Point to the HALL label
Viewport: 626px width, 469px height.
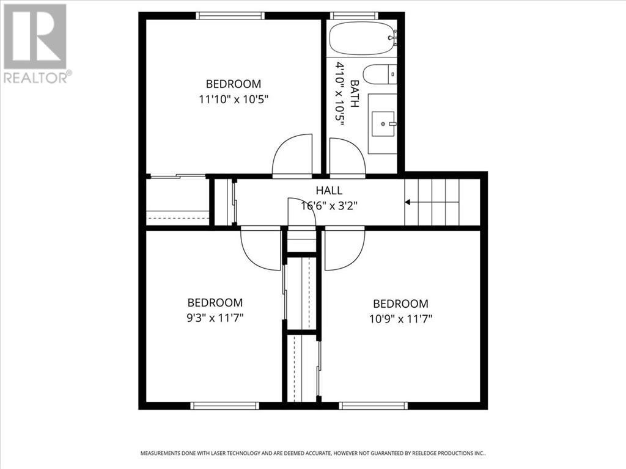pos(328,191)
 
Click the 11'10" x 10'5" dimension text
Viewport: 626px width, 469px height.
pos(233,98)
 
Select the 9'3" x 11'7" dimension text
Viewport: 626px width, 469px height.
pos(215,318)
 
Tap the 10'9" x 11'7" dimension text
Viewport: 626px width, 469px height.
pos(400,318)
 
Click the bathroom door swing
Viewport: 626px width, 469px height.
pos(346,158)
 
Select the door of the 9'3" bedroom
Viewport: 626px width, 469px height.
pos(260,248)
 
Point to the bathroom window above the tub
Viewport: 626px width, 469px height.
pos(354,16)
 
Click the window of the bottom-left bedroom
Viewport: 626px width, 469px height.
pos(225,405)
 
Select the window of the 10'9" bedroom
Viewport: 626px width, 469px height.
pos(374,405)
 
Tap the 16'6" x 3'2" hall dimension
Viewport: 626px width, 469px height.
pos(329,206)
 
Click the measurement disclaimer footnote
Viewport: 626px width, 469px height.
pos(313,453)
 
